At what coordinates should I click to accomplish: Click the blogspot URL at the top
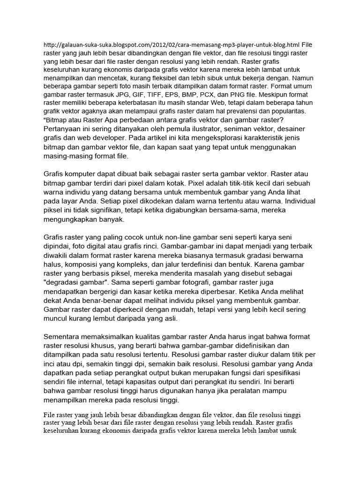[172, 45]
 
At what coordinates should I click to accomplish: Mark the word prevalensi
[241, 111]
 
